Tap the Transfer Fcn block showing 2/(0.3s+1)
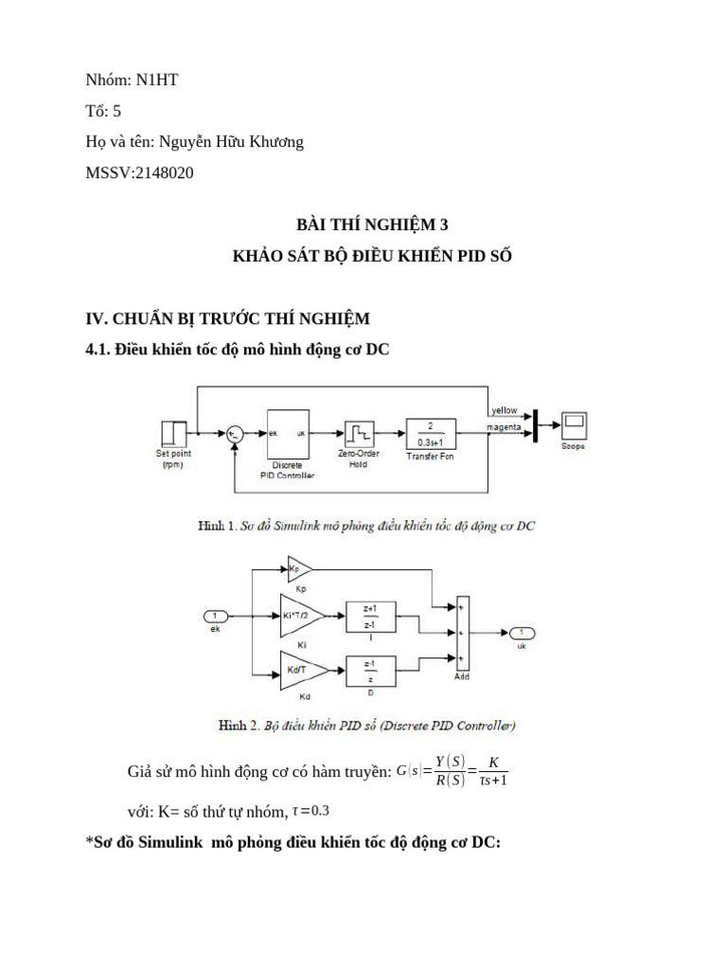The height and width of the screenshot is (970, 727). (431, 433)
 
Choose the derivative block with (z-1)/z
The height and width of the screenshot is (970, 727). (370, 669)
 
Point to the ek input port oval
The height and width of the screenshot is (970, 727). (215, 618)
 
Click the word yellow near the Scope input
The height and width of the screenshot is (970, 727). (504, 411)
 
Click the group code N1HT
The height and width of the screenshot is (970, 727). (157, 80)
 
